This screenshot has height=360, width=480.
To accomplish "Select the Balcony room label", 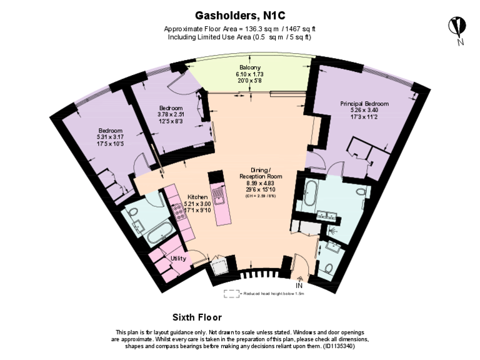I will tap(249, 67).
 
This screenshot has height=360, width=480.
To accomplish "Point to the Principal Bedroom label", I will tap(364, 103).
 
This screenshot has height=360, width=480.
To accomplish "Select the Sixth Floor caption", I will tap(197, 317).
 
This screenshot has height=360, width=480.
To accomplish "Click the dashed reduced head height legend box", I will tap(230, 292).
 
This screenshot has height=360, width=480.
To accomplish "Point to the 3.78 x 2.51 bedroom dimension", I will tap(170, 114).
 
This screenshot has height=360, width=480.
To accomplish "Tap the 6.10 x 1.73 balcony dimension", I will tap(249, 74).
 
